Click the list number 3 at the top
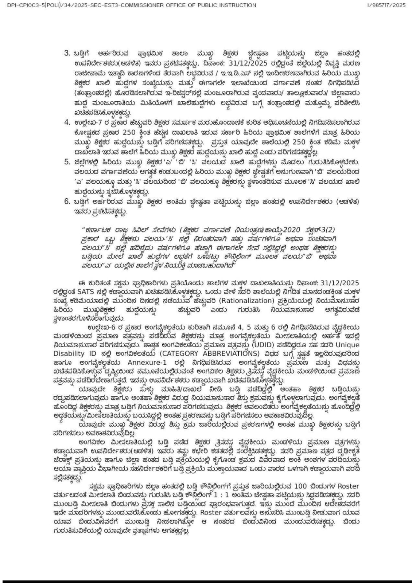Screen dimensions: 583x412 coord(67,53)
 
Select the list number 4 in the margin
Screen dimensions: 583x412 coord(67,122)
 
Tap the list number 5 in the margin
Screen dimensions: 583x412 coord(67,161)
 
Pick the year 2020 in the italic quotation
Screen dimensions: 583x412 coord(291,230)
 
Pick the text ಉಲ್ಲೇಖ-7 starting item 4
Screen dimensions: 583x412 coord(87,122)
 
